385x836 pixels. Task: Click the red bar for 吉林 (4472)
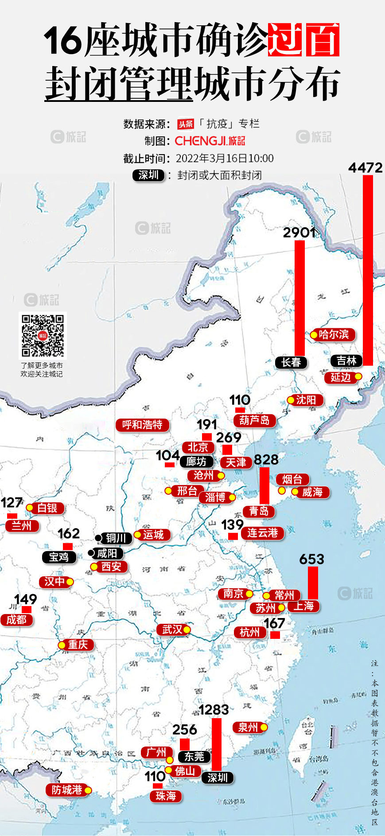tap(368, 270)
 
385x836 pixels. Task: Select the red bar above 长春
tap(300, 298)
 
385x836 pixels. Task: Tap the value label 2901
tap(299, 232)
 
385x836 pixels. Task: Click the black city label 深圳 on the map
tap(218, 778)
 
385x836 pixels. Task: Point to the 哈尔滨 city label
tap(334, 334)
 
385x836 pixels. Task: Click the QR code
tap(43, 335)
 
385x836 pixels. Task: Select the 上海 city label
tap(303, 606)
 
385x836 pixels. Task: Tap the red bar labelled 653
tap(313, 583)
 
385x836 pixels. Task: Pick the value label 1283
tap(214, 710)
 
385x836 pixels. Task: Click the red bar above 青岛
tap(264, 486)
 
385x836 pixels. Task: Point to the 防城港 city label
tap(67, 790)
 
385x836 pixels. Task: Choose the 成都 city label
tap(16, 619)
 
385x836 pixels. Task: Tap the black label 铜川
tap(116, 538)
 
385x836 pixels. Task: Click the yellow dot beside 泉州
tap(264, 727)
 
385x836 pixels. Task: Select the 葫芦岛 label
tap(254, 420)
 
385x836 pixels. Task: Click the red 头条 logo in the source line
tap(186, 124)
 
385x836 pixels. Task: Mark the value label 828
tap(266, 459)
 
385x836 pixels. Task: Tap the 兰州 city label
tap(22, 526)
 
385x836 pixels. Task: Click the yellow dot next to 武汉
tap(187, 630)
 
